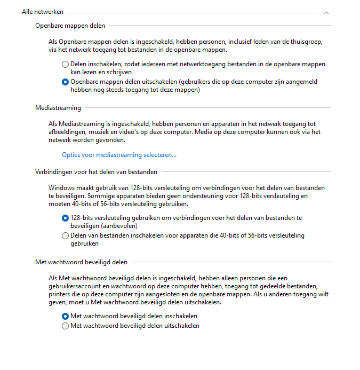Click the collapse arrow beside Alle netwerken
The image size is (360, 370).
(326, 12)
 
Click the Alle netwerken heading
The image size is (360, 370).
(43, 12)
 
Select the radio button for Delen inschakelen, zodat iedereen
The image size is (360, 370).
(65, 64)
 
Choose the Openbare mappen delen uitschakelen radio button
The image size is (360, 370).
(65, 82)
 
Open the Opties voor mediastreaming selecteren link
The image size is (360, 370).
(119, 155)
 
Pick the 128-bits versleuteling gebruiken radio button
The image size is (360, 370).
(65, 218)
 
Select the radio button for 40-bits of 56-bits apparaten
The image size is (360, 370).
(65, 235)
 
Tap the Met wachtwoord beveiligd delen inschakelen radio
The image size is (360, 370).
(65, 316)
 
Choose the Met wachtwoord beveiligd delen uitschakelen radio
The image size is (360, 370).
(65, 326)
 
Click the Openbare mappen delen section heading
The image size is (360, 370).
(70, 25)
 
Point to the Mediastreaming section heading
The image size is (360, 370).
(58, 108)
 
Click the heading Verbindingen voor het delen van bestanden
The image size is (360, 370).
(96, 172)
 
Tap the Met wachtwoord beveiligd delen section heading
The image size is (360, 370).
(81, 262)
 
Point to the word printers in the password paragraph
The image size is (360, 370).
(60, 294)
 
